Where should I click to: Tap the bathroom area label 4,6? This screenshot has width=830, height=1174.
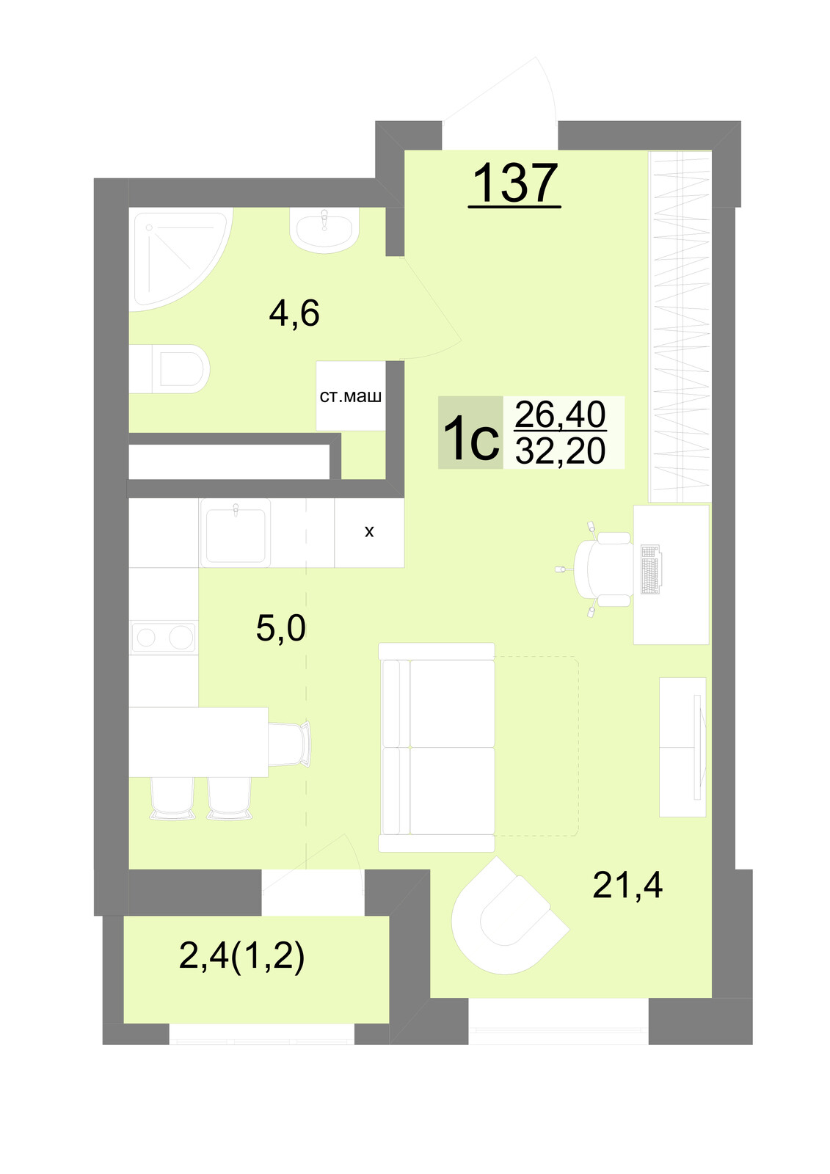pos(294,313)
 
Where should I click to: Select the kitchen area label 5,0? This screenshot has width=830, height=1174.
pos(280,628)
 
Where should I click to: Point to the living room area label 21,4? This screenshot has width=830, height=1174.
pos(627,885)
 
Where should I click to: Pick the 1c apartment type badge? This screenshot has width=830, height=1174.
pos(470,432)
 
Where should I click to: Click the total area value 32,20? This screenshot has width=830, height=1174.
pos(561,451)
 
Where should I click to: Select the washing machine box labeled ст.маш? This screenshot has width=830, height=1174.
pos(351,396)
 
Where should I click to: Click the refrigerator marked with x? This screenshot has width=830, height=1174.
pos(369,533)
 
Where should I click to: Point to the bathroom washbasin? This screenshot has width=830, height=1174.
pos(324,230)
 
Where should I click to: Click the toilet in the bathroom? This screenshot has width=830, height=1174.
pos(169,369)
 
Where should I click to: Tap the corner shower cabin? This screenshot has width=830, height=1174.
pos(178,258)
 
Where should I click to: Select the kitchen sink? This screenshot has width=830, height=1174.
pos(236,533)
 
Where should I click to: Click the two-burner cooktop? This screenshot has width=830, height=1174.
pos(164,638)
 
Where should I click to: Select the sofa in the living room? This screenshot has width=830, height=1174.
pos(437,748)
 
